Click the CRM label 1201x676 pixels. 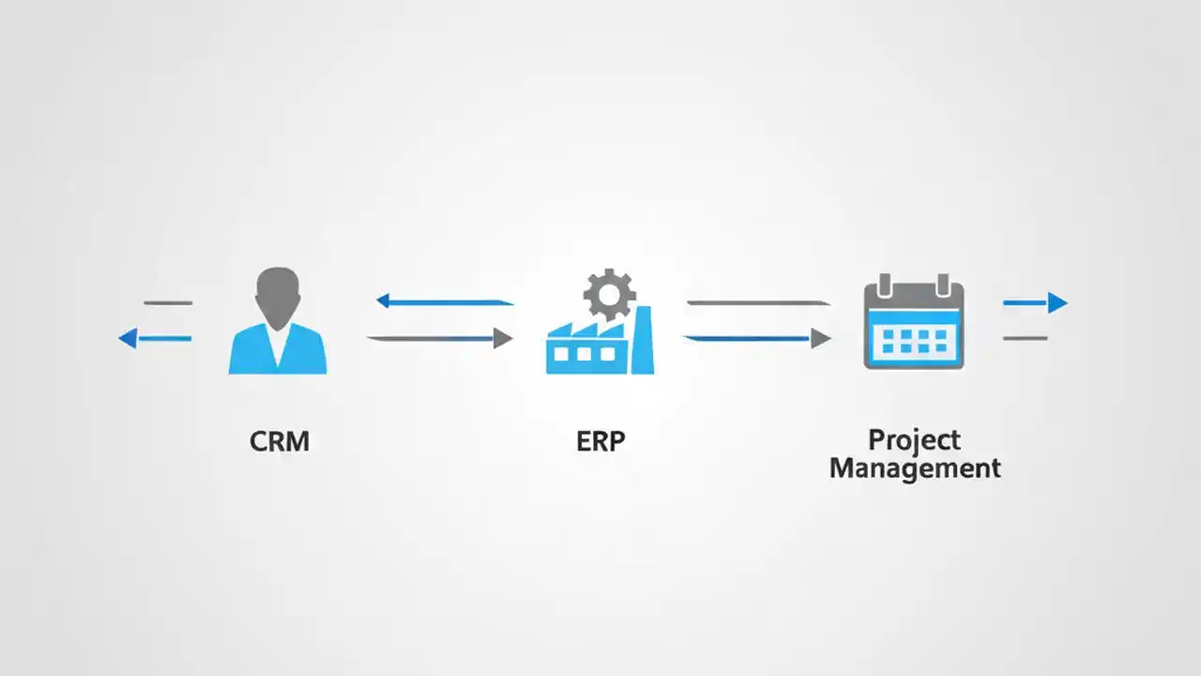(x=280, y=440)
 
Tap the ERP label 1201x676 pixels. (x=600, y=440)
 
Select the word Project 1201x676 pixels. (x=914, y=439)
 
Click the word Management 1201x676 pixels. (x=915, y=468)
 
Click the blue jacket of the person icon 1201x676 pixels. (x=278, y=352)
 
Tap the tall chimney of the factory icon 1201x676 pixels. (x=643, y=343)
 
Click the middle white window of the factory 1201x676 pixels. (x=585, y=354)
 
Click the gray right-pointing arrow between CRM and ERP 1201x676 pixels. (x=441, y=338)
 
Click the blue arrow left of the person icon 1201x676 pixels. (x=155, y=338)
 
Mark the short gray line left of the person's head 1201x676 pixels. (x=168, y=302)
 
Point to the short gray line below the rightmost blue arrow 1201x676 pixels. (x=1025, y=338)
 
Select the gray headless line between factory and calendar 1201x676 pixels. (x=758, y=303)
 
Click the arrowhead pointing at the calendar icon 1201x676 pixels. (x=821, y=338)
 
